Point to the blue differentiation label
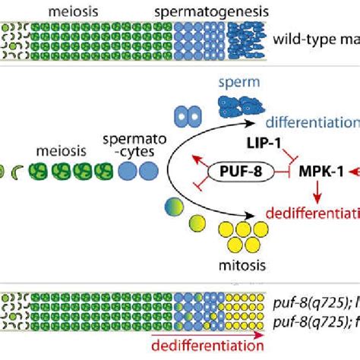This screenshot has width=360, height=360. (x=311, y=122)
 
